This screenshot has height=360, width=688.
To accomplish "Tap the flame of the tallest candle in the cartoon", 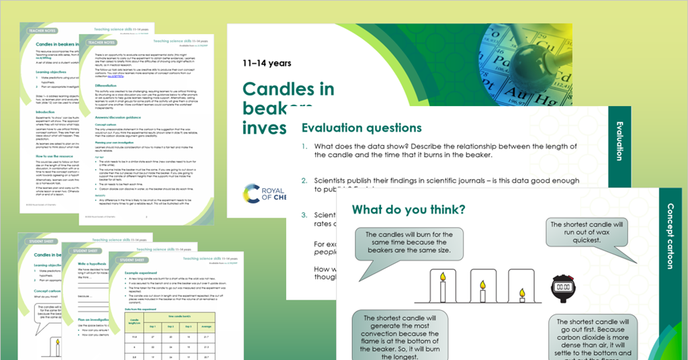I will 442,277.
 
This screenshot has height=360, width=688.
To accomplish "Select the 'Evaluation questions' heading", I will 361,128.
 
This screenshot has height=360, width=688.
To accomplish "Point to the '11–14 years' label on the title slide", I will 267,64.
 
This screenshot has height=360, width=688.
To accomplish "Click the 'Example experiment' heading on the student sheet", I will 142,273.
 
